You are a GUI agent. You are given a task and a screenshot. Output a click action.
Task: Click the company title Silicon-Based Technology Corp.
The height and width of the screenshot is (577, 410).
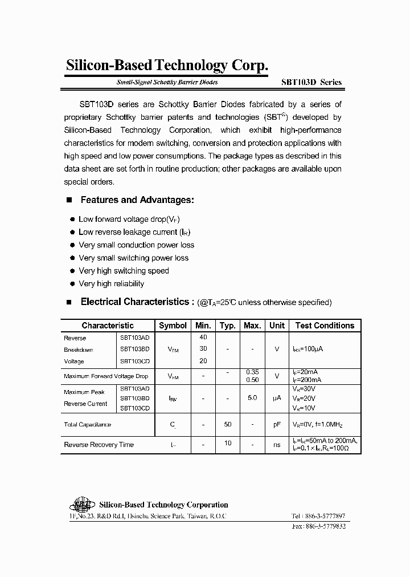click(x=167, y=66)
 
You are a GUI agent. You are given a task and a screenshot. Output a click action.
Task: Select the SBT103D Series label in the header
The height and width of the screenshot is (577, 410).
click(x=311, y=82)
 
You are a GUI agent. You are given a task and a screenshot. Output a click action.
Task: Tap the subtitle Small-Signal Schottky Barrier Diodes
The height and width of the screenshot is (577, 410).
click(x=167, y=82)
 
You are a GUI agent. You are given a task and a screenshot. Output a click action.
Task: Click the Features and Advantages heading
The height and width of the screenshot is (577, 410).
click(x=137, y=200)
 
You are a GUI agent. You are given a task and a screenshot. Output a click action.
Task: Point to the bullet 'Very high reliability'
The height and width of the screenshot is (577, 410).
click(x=111, y=284)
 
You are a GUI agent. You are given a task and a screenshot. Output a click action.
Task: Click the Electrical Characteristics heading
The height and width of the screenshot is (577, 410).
click(x=134, y=302)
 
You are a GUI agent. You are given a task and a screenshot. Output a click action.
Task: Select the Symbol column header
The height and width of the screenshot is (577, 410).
click(x=173, y=326)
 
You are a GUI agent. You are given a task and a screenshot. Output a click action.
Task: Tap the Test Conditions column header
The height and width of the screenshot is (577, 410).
click(x=325, y=326)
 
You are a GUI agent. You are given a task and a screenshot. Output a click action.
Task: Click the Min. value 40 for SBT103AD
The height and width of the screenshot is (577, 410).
click(x=203, y=338)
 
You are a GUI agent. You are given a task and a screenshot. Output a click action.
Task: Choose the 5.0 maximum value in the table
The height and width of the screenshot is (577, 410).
click(x=252, y=397)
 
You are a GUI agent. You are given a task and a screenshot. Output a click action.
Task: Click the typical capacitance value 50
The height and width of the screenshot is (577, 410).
click(x=227, y=424)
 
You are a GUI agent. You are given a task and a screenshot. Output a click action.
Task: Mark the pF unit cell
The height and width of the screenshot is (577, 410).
click(x=277, y=425)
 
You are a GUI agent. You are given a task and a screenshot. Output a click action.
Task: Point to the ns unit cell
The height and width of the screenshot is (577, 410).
click(x=277, y=445)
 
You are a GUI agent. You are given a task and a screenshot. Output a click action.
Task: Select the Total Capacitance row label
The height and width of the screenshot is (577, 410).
click(x=88, y=425)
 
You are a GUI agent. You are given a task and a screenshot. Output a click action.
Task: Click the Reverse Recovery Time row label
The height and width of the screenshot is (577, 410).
click(x=99, y=445)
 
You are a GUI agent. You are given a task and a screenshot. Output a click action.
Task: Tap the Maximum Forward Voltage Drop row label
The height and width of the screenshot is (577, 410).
click(x=106, y=376)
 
